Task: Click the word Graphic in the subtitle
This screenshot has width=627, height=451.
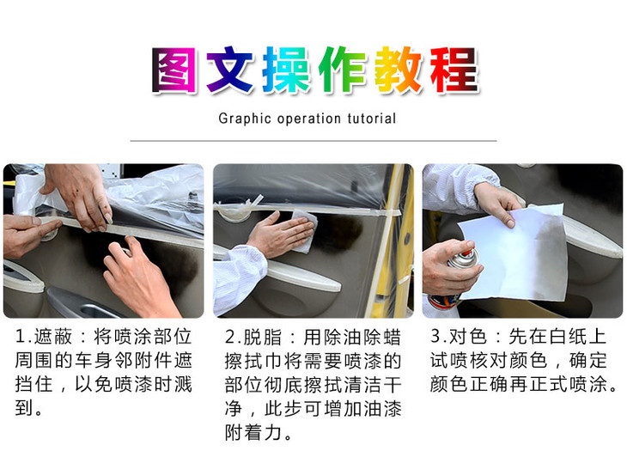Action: coord(243,119)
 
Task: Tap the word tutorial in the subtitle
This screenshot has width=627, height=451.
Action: coord(372,119)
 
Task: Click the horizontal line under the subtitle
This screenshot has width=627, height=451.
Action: coord(313,140)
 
